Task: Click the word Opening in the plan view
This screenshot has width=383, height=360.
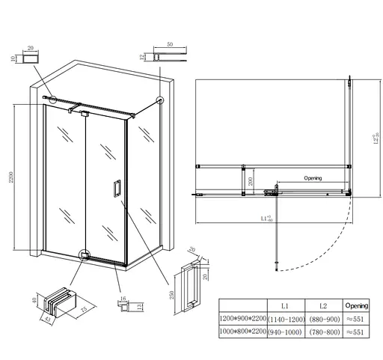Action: [x=313, y=178]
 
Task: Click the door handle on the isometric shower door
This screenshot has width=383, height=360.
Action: [x=116, y=189]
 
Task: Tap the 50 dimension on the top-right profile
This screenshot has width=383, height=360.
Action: [x=170, y=46]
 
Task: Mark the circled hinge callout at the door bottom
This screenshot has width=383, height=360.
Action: [x=85, y=255]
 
